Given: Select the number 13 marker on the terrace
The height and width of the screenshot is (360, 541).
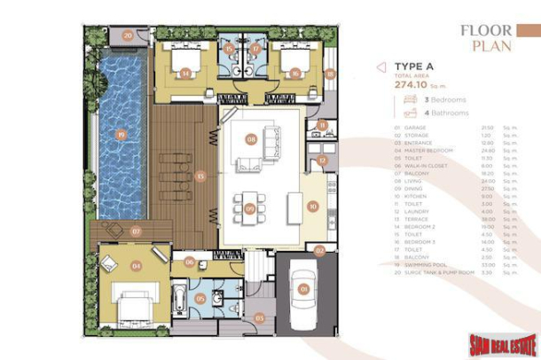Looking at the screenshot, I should pyautogui.click(x=200, y=176).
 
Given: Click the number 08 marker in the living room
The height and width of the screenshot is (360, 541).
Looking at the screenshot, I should pyautogui.click(x=251, y=139).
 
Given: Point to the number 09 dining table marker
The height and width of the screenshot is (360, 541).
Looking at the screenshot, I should pyautogui.click(x=250, y=207).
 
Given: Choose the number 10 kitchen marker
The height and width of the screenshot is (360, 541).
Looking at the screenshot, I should pyautogui.click(x=312, y=206).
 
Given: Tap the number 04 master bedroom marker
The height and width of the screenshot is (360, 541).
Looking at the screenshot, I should pyautogui.click(x=137, y=264).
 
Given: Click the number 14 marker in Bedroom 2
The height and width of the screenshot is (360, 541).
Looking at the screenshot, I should pyautogui.click(x=185, y=74).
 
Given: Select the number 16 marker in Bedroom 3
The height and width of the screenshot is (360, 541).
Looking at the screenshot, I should pyautogui.click(x=294, y=74).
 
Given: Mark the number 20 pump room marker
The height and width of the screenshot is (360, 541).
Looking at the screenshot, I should pyautogui.click(x=128, y=36).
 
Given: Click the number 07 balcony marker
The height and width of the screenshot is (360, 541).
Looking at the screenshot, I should pyautogui.click(x=136, y=231).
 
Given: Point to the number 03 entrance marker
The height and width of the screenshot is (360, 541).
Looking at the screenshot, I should pyautogui.click(x=260, y=317).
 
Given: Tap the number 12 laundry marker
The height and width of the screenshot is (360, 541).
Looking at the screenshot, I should pyautogui.click(x=322, y=160).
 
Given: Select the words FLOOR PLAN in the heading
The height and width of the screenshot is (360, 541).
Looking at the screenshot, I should pyautogui.click(x=485, y=36).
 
